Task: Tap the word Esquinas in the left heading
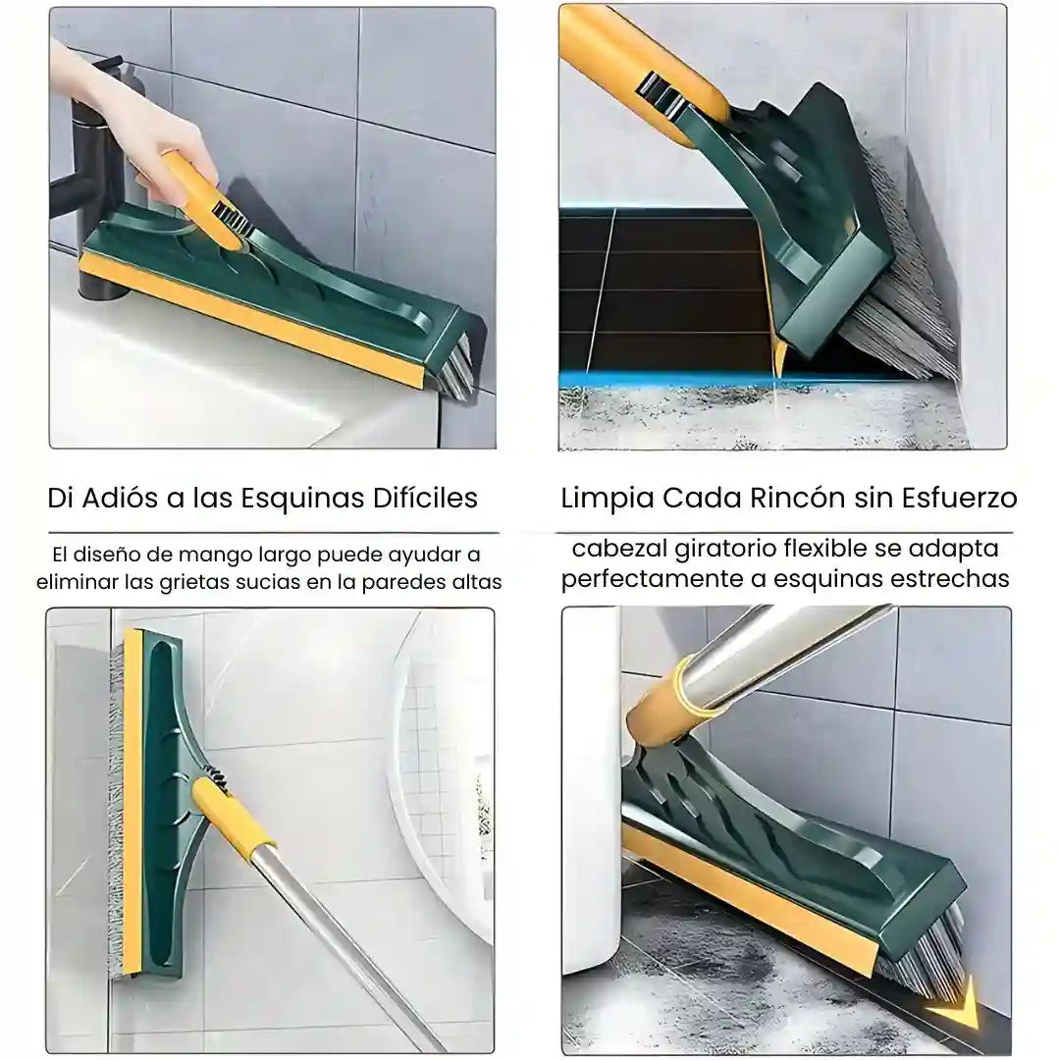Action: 303,500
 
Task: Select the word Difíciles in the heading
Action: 425,499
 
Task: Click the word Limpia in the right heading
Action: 608,500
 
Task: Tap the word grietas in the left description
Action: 188,582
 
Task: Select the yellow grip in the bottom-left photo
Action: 235,816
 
